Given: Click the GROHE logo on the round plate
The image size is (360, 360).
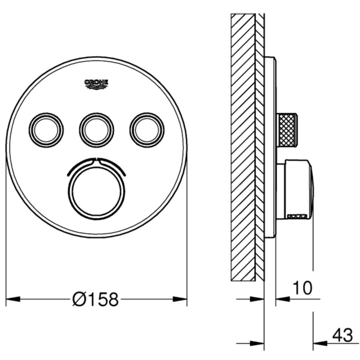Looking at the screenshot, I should coord(96,83).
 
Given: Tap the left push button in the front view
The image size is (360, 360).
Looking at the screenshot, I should coord(46,129).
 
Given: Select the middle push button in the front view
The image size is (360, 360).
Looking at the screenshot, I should coord(96,129).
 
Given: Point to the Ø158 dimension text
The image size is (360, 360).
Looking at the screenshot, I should coord(96,299).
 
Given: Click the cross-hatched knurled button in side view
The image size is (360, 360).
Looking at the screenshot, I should coord(287,129).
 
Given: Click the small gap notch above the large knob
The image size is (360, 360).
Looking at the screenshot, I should coord(96,161).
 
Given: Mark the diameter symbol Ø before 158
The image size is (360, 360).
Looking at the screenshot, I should coord(79,299).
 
